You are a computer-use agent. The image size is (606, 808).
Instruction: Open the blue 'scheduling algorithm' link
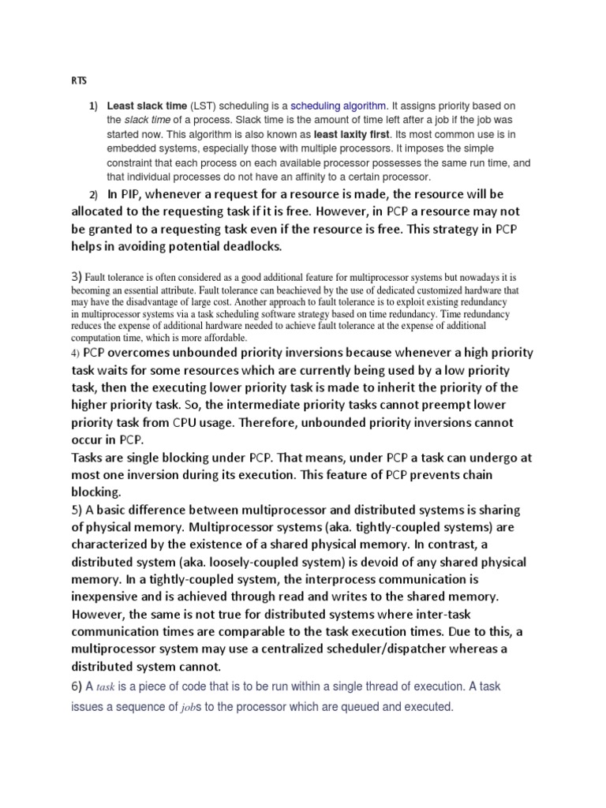[x=339, y=106]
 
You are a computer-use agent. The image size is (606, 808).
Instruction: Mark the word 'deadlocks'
[x=242, y=247]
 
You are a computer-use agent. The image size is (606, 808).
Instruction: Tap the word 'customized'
[x=425, y=290]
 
